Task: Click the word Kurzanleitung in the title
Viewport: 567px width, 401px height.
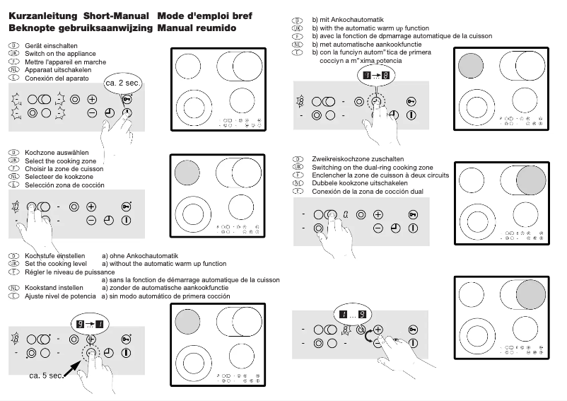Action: pos(42,16)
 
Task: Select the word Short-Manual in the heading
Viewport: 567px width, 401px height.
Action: pos(116,16)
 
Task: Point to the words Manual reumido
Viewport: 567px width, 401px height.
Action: pos(197,28)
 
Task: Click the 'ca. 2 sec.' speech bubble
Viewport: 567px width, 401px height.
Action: pos(124,83)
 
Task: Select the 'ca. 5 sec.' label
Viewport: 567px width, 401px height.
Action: pos(47,375)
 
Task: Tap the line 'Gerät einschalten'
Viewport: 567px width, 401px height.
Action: pos(51,46)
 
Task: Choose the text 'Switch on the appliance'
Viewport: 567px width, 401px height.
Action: pos(60,54)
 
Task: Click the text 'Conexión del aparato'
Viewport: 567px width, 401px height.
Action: pos(56,79)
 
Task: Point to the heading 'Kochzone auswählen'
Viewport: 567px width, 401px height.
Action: pos(57,153)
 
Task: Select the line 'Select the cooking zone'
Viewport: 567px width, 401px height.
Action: pos(60,161)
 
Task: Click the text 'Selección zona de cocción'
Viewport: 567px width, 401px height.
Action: pos(64,185)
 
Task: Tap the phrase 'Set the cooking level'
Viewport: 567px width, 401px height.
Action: pos(56,264)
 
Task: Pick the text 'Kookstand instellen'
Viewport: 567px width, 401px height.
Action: pos(54,289)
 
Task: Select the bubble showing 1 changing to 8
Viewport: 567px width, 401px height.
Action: pos(375,75)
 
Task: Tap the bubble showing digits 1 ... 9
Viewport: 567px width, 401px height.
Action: pos(351,314)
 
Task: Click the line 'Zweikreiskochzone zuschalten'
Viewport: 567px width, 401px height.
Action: pos(358,159)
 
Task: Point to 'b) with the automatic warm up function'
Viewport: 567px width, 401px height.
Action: pos(370,28)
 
